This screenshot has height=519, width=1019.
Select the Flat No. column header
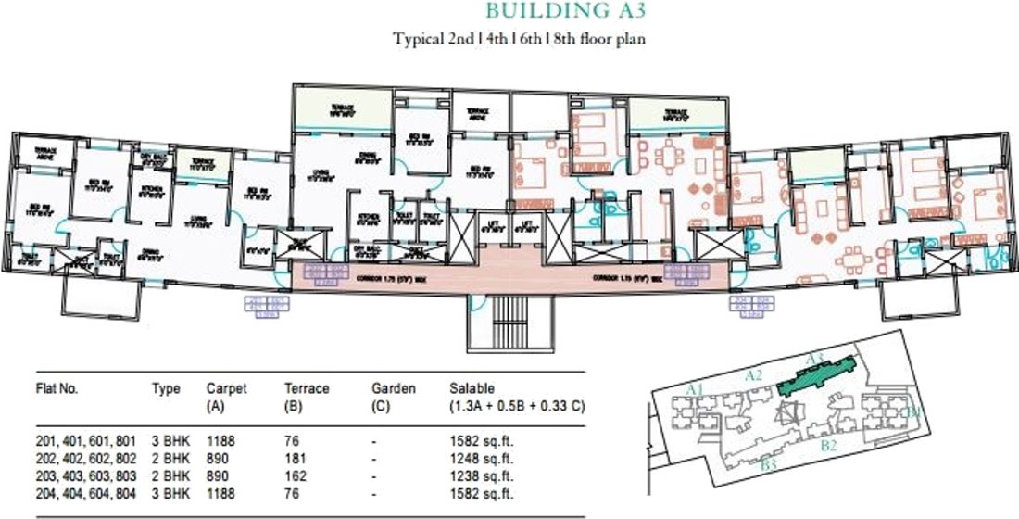pos(57,389)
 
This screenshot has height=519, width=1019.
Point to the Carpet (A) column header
pos(226,397)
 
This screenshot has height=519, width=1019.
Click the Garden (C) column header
pos(393,397)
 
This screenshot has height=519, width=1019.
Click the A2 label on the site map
pos(753,374)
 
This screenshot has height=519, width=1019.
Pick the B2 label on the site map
pos(829,446)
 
